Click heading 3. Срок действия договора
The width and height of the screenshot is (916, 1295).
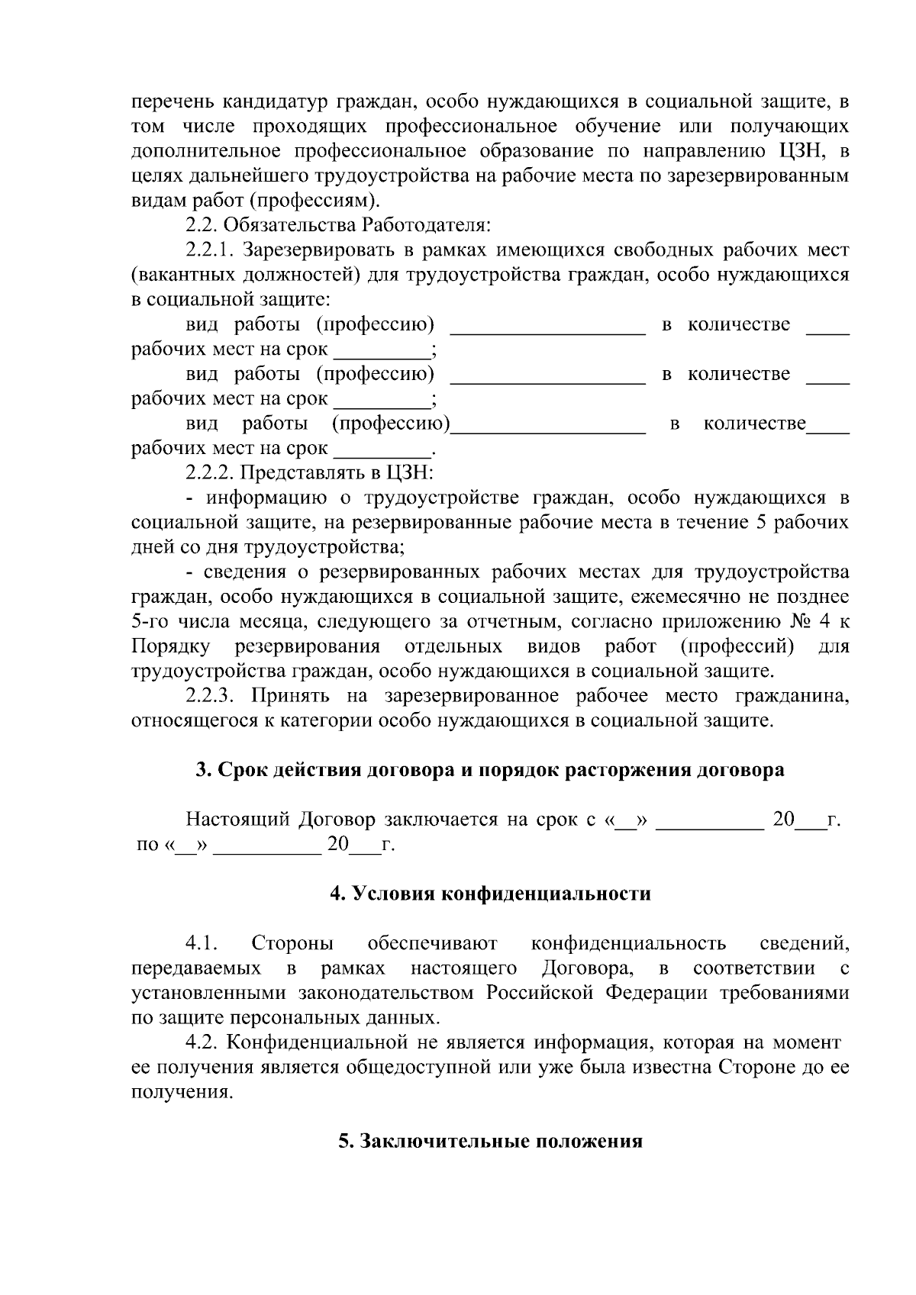489,770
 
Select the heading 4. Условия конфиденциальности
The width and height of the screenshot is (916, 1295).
489,894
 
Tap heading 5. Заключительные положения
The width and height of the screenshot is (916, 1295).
490,1142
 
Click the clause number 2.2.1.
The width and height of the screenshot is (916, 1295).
209,250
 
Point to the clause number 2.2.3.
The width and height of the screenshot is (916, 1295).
209,696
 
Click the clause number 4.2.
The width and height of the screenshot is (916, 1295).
202,1042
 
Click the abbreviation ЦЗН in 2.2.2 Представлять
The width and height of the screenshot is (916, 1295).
411,473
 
